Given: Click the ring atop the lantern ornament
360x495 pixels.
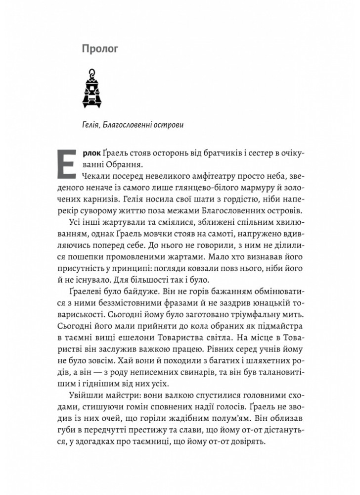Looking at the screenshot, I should coord(92,74).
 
